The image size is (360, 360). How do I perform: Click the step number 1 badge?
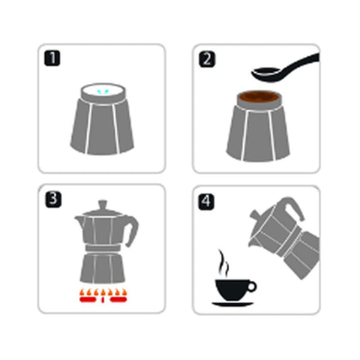(52, 58)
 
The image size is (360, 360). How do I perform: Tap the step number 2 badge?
(207, 59)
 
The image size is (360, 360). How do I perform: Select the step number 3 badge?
(53, 199)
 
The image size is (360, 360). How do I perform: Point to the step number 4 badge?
(206, 202)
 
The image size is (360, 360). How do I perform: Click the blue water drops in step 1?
(103, 92)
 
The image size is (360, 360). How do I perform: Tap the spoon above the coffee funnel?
(285, 69)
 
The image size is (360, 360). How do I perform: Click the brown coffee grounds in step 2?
(258, 97)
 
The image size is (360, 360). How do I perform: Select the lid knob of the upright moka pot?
(103, 205)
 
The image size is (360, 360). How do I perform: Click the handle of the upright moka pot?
(132, 231)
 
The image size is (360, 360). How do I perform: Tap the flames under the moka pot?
(103, 295)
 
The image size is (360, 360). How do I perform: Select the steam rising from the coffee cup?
(223, 263)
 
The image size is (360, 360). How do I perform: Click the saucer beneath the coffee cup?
(232, 304)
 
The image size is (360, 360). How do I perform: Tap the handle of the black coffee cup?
(251, 286)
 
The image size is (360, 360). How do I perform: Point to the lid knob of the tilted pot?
(254, 215)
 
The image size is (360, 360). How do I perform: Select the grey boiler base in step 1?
(102, 125)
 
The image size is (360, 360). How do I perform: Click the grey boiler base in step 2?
(258, 133)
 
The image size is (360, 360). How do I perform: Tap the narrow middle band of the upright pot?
(103, 248)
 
